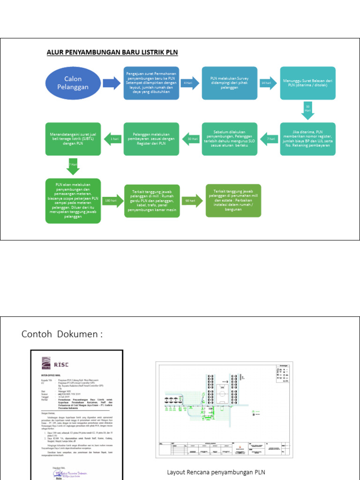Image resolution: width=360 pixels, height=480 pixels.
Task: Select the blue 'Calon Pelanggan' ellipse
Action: (73, 83)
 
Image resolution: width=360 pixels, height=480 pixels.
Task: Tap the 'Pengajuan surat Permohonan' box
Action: (151, 83)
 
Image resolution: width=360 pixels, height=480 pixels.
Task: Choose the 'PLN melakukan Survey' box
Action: (230, 83)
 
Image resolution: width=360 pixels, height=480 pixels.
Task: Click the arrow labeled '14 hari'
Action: (268, 83)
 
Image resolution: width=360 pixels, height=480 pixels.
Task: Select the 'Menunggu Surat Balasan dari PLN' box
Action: (307, 83)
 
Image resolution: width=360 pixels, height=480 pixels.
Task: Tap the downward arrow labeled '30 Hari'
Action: (307, 111)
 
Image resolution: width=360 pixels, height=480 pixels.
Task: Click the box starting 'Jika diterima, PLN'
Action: (307, 139)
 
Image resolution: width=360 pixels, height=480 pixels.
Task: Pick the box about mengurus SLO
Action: (230, 139)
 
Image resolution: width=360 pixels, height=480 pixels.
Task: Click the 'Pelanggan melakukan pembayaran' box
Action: (151, 139)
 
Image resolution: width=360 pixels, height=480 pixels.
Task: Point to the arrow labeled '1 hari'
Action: (112, 139)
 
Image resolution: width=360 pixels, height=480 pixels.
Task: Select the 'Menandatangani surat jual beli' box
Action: (73, 139)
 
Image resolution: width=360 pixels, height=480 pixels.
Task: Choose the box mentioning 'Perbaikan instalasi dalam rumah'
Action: (233, 200)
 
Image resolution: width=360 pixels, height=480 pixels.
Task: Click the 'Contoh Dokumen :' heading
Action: (62, 334)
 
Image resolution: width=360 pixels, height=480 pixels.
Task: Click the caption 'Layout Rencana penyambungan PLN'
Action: (219, 472)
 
